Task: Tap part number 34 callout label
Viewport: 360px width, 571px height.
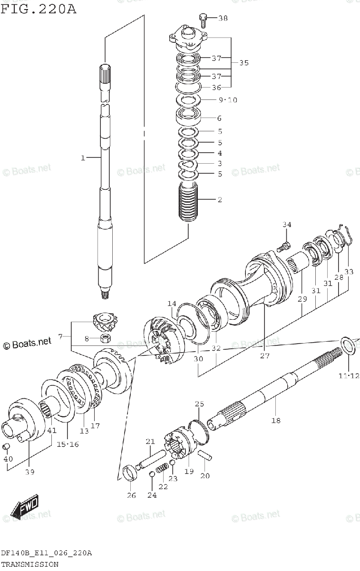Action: point(287,225)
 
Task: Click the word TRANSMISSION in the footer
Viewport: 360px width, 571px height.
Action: point(29,564)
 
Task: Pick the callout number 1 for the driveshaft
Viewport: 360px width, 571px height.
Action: point(83,158)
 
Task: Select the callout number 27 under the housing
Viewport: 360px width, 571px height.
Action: point(264,355)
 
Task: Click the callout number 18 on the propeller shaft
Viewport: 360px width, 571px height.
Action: point(276,420)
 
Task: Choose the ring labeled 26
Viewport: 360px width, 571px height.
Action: point(129,474)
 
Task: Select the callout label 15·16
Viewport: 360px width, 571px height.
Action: point(68,444)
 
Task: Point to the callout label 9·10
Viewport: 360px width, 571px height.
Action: point(228,100)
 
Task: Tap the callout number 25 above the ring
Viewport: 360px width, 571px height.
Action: point(199,404)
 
